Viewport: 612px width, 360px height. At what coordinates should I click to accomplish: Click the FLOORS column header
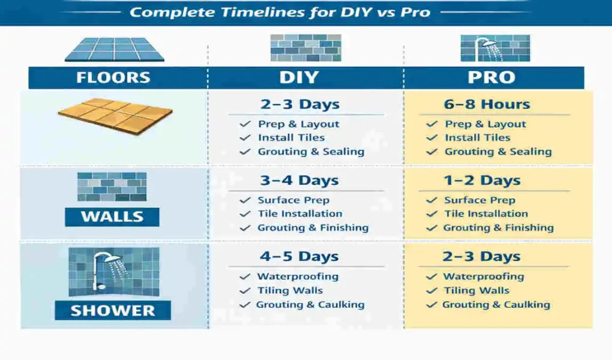point(113,78)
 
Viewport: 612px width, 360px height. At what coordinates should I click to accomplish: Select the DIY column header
point(298,78)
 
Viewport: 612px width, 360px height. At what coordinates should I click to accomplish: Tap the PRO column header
point(491,78)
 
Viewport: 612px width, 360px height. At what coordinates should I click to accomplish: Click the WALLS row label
point(112,217)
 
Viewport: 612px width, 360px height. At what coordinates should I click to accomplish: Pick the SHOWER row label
point(113,310)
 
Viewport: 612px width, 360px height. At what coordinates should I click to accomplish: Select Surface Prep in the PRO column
point(479,200)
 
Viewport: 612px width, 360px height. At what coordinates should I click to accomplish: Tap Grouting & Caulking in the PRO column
point(496,305)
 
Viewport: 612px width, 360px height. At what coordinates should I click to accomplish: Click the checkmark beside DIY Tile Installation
point(245,214)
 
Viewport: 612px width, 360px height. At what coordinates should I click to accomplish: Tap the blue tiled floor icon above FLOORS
point(114,49)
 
